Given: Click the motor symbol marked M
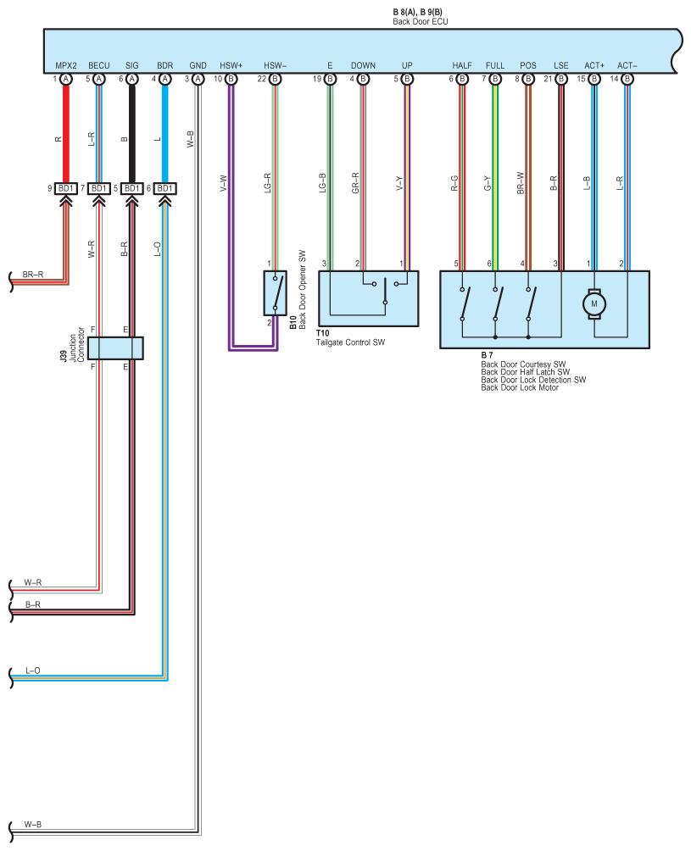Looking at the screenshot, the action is coord(593,304).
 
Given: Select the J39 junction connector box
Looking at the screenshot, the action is coord(115,348).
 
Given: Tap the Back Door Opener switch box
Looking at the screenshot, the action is coord(276,293).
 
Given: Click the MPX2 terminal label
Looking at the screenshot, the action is coord(66,65).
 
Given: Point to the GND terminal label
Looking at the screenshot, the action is coord(198,65).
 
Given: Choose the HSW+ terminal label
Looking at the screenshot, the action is coord(231,65).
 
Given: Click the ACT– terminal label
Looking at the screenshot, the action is coord(627,65).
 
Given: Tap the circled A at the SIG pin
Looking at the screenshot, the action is coord(132,79).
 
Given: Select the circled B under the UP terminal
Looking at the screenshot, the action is coord(407,79).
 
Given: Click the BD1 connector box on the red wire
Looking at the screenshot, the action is coord(66,188).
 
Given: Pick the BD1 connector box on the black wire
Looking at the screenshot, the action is coord(132,188).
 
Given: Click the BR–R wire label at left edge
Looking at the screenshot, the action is coord(32,275).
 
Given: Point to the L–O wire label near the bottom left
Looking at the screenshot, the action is coord(33,670).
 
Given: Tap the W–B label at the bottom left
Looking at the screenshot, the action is coord(32,825).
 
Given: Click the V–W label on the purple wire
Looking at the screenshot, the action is coord(223,183).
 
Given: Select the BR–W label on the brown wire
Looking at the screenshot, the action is coord(521,183).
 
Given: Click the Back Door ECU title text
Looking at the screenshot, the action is coord(421,22).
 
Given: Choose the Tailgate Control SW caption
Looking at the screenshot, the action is coord(351,342).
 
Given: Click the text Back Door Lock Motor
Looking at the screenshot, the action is coord(520,387).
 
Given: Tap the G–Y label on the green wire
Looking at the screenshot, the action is coord(488,183).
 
